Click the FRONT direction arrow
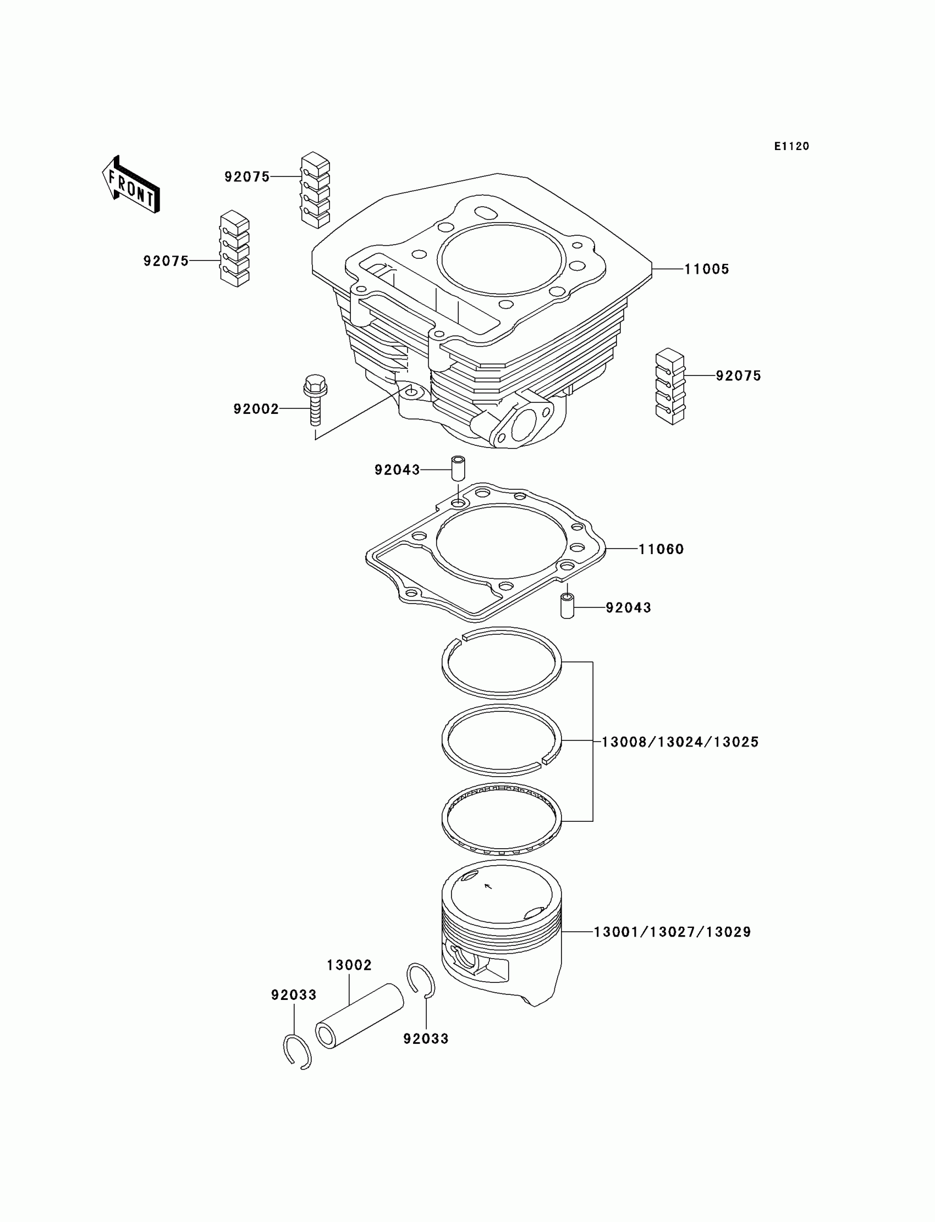pyautogui.click(x=131, y=185)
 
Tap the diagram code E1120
pyautogui.click(x=791, y=146)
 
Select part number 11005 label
pyautogui.click(x=706, y=269)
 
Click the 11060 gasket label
pyautogui.click(x=661, y=550)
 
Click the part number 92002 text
pyautogui.click(x=256, y=410)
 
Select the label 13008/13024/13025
pyautogui.click(x=680, y=742)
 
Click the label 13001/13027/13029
pyautogui.click(x=672, y=932)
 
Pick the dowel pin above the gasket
pyautogui.click(x=458, y=469)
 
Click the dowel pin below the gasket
pyautogui.click(x=566, y=606)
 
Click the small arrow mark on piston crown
pyautogui.click(x=488, y=886)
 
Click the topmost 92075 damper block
pyautogui.click(x=316, y=190)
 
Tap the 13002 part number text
pyautogui.click(x=349, y=965)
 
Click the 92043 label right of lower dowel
pyautogui.click(x=628, y=608)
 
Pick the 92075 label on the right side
pyautogui.click(x=738, y=376)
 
